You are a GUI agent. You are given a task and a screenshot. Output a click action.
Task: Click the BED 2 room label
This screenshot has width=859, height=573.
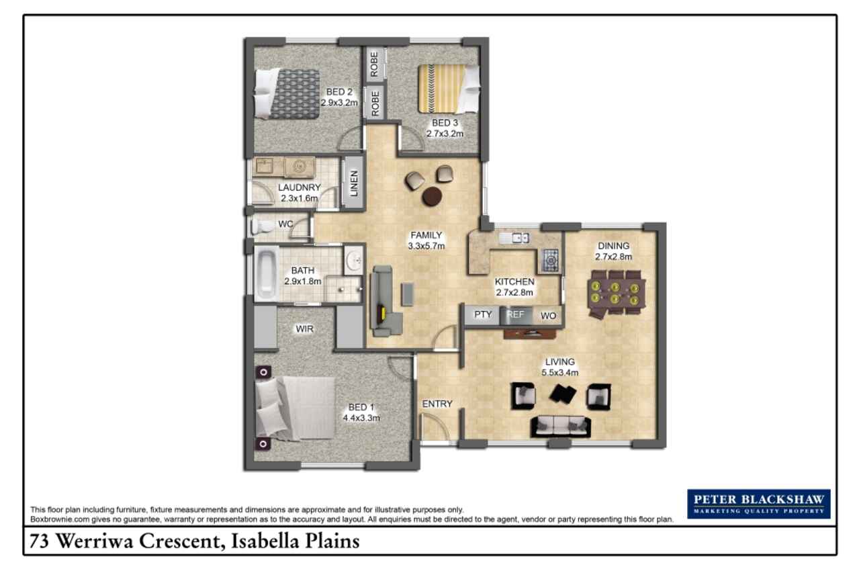pyautogui.click(x=339, y=92)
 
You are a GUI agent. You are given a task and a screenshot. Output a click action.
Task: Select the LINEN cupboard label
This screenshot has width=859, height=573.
pyautogui.click(x=354, y=183)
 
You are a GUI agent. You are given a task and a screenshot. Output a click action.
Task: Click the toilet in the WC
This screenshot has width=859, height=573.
pyautogui.click(x=263, y=226)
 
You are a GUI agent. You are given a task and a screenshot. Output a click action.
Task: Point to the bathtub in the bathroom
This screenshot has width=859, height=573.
pyautogui.click(x=267, y=273)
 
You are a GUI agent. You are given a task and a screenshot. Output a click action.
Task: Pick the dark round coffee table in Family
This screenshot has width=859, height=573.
pyautogui.click(x=432, y=196)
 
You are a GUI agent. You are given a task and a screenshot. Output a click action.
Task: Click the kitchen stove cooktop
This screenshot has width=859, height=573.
pyautogui.click(x=550, y=261)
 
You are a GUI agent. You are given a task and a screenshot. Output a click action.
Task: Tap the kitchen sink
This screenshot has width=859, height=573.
pyautogui.click(x=516, y=238)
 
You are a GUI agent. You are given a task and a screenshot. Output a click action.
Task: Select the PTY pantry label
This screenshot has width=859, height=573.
pyautogui.click(x=483, y=314)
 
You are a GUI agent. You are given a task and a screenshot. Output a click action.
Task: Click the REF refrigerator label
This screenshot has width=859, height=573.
pyautogui.click(x=515, y=314)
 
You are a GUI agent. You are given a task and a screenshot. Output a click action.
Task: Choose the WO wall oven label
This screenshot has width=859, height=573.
pyautogui.click(x=549, y=316)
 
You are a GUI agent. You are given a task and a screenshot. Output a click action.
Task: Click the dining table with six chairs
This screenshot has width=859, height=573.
pyautogui.click(x=616, y=294)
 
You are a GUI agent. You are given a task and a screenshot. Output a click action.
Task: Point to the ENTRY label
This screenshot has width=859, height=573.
pyautogui.click(x=437, y=404)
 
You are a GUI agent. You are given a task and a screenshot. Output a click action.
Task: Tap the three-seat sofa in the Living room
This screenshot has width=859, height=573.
pyautogui.click(x=561, y=427)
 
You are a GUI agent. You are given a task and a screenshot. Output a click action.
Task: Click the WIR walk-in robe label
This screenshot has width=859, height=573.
pyautogui.click(x=304, y=328)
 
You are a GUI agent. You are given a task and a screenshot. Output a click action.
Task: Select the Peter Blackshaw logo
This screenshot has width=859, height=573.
pyautogui.click(x=759, y=504)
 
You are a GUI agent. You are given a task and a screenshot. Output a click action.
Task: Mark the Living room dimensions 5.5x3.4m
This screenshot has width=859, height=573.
pyautogui.click(x=560, y=372)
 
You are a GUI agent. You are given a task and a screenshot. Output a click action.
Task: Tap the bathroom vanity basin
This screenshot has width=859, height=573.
pyautogui.click(x=353, y=261)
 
